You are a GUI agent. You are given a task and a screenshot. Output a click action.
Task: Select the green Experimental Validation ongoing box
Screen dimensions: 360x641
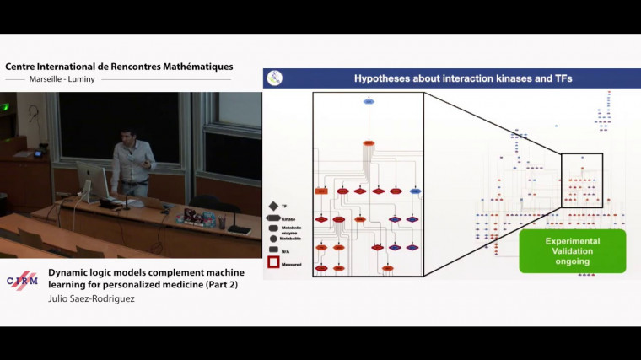(573, 250)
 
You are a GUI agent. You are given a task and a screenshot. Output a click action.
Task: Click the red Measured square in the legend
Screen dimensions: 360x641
(274, 262)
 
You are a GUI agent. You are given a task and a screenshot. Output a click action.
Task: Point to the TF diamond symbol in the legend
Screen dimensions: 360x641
(273, 206)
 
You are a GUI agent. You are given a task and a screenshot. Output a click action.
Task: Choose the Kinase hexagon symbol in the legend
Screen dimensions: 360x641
(274, 218)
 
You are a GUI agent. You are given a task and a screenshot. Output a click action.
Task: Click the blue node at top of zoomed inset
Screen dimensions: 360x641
(369, 102)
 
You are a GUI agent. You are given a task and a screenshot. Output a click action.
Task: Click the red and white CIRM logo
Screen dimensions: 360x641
(22, 281)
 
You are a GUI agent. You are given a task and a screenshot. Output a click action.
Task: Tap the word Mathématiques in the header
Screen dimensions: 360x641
(193, 67)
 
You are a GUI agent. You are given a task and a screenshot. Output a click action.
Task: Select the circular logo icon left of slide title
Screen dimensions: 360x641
(275, 78)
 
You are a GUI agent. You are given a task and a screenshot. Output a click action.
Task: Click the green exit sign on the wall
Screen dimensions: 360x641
(5, 107)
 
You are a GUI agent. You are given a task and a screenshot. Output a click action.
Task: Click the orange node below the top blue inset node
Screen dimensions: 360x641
(369, 144)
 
